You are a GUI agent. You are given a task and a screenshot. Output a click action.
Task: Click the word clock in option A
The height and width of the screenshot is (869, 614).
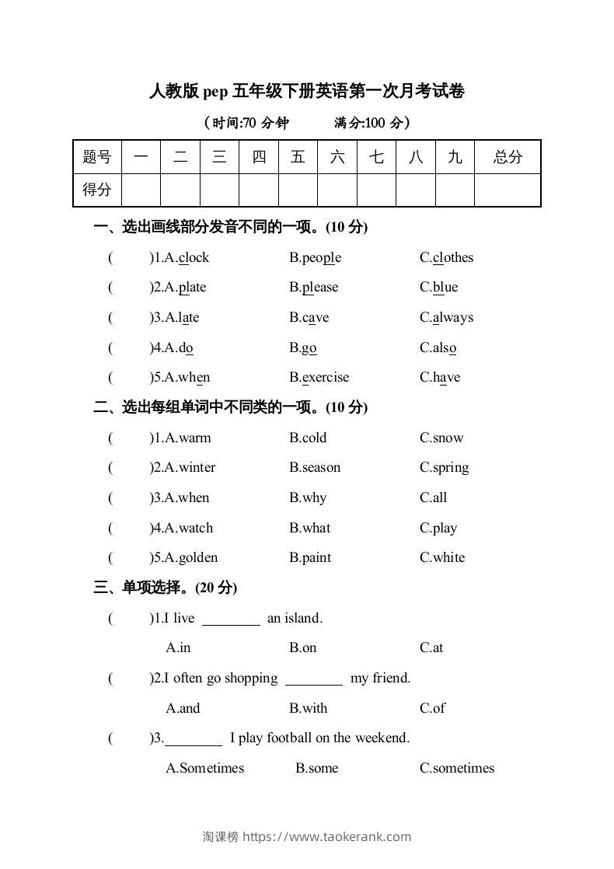(x=194, y=258)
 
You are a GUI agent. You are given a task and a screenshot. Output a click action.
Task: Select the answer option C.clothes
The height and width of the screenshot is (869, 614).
(x=446, y=258)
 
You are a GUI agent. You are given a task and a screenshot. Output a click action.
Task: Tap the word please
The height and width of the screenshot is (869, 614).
(x=320, y=288)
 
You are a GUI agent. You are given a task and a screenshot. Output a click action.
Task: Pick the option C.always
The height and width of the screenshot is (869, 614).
(x=446, y=318)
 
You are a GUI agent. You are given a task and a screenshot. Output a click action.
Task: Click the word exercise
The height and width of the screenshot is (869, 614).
(x=325, y=378)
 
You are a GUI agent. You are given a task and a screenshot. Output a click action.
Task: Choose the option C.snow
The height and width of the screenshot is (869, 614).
(x=441, y=438)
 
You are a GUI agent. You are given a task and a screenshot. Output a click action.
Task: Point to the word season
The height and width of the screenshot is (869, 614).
(x=321, y=468)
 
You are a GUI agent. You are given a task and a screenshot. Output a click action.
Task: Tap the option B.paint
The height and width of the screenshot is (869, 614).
(x=310, y=558)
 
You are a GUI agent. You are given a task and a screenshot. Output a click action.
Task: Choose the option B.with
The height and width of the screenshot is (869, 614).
(x=309, y=709)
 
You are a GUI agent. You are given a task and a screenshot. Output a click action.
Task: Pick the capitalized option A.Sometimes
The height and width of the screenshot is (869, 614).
(x=205, y=769)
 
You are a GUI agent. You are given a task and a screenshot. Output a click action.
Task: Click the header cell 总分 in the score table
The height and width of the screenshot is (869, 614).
(x=508, y=158)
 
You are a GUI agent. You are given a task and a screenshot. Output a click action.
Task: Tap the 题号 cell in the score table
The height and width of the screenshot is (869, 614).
(x=97, y=158)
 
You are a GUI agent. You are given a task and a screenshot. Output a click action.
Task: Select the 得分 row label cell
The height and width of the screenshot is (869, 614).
(x=97, y=190)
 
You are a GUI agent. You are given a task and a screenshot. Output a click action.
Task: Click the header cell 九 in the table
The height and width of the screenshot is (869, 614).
(x=455, y=158)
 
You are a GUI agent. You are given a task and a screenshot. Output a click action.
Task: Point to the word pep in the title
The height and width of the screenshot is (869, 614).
(x=216, y=92)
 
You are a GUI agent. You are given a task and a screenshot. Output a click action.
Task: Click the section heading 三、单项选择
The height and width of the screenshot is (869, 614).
(x=165, y=588)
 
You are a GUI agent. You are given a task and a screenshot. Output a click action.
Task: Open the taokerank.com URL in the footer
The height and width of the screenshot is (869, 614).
(x=327, y=837)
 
